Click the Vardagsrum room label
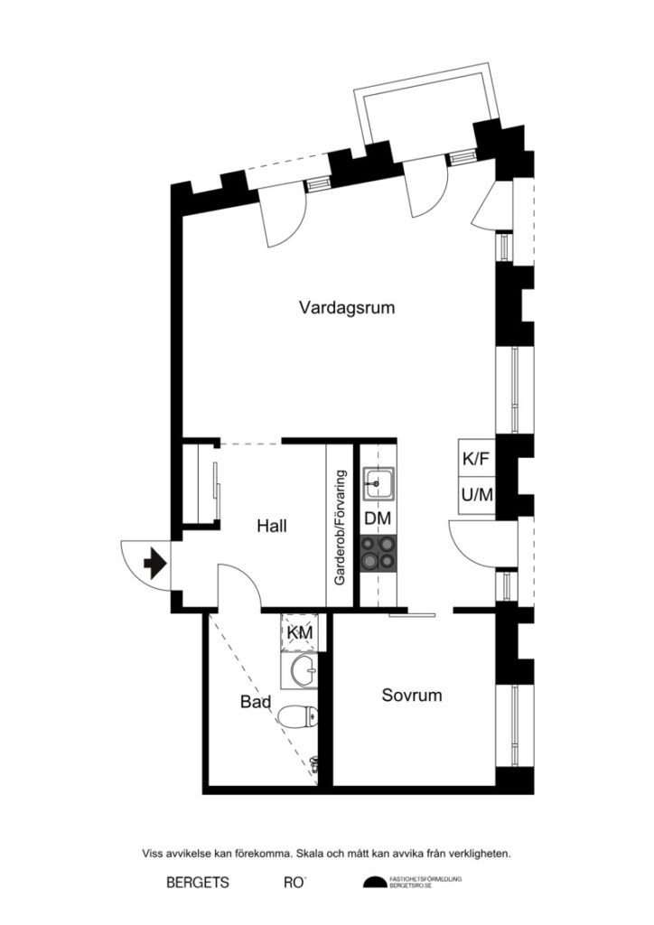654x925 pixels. (348, 308)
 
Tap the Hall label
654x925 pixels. (271, 525)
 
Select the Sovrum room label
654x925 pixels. (411, 695)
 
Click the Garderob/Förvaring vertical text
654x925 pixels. (341, 528)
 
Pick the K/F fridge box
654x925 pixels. (477, 459)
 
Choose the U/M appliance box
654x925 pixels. (477, 494)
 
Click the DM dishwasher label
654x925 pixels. (378, 519)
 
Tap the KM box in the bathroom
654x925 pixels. (300, 632)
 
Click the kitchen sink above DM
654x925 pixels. (378, 483)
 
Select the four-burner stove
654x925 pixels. (378, 553)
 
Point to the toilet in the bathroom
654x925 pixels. (297, 717)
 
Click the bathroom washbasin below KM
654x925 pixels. (301, 670)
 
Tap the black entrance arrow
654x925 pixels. (154, 564)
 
